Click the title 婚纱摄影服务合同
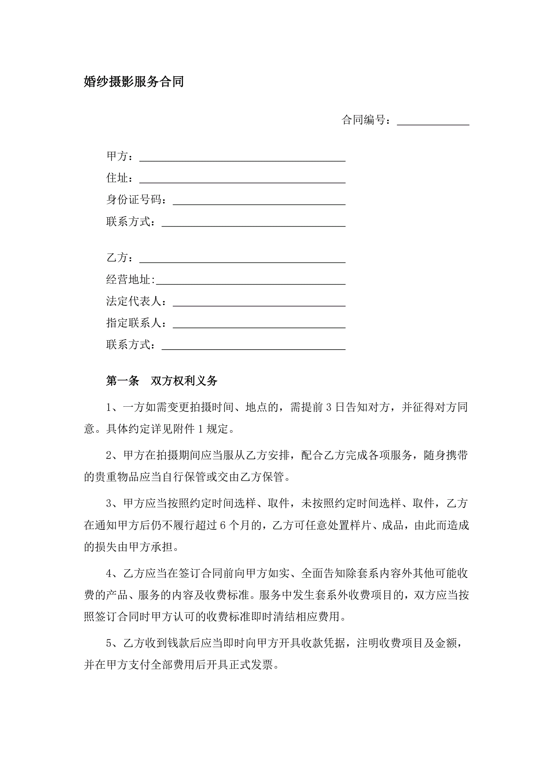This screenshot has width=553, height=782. tap(134, 82)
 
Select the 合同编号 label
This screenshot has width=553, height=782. tap(364, 120)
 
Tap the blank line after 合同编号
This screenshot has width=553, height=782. tap(433, 122)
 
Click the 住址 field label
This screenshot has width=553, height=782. tap(117, 178)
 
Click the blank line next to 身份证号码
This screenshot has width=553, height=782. tap(259, 202)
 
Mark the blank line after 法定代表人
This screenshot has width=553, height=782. tap(259, 303)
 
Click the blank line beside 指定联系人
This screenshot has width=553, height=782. tap(259, 325)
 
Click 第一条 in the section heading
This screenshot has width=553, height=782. tap(123, 381)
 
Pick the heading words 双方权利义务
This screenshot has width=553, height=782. tap(184, 381)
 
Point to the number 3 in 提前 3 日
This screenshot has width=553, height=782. tap(329, 407)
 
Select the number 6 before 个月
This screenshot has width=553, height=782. tap(223, 526)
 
